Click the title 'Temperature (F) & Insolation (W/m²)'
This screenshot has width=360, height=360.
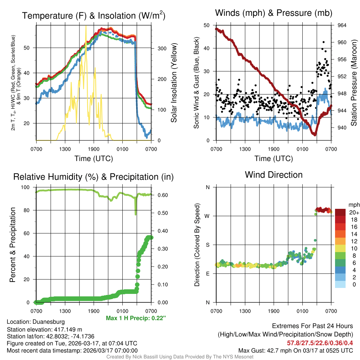click(94, 15)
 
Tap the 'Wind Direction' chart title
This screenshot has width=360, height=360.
click(274, 175)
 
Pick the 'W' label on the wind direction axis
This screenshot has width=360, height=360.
click(207, 216)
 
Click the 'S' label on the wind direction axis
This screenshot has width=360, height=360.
click(207, 245)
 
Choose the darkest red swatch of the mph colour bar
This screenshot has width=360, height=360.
click(340, 212)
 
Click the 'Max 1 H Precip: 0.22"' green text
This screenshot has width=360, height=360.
click(136, 318)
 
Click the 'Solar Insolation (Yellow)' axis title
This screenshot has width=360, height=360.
click(174, 83)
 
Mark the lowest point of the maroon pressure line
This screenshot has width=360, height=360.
click(315, 134)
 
